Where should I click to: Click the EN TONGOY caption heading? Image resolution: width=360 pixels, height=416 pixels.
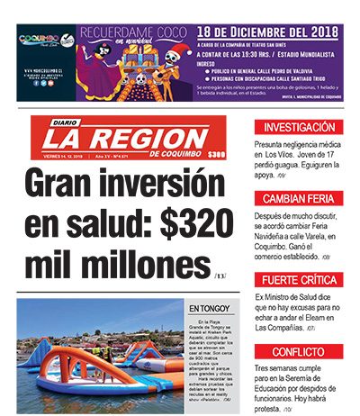tap(205, 310)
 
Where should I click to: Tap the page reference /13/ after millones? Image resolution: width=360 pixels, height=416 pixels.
tap(220, 274)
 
